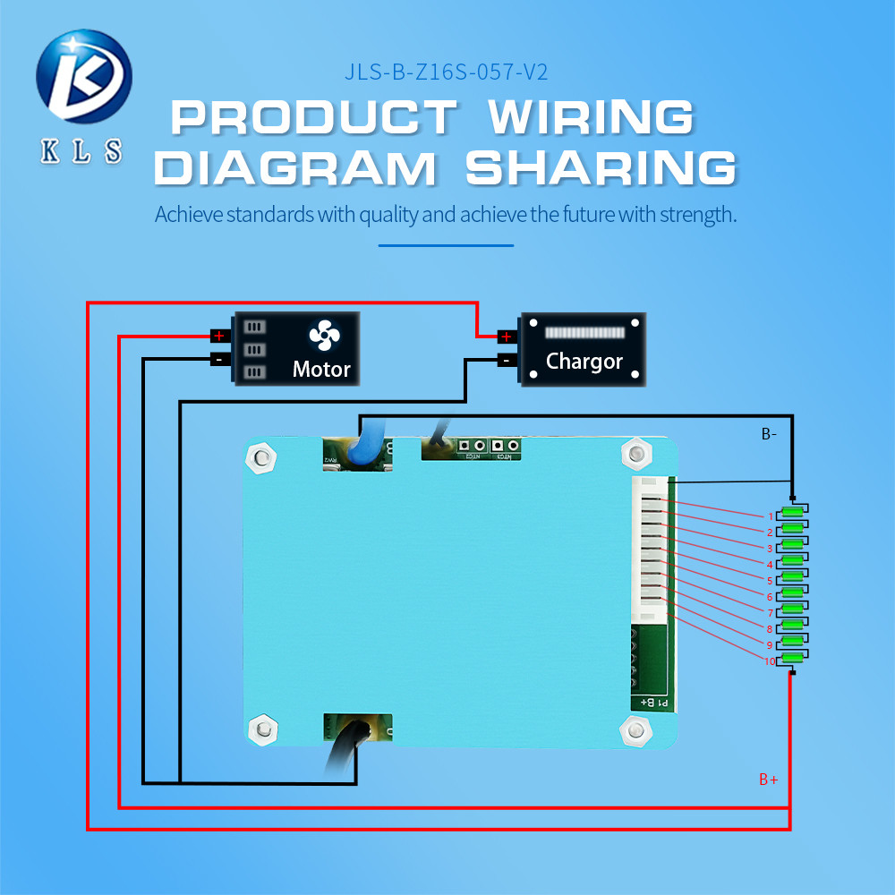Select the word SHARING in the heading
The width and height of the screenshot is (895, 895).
point(601,168)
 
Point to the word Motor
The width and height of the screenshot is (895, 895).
point(321,369)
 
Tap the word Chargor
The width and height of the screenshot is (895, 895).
point(584,362)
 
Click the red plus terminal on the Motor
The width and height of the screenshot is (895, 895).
point(218,336)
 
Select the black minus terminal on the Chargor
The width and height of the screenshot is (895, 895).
point(506,360)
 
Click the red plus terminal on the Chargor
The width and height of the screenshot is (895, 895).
point(506,337)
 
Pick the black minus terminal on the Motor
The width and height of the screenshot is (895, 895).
point(218,359)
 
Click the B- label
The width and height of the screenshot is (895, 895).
point(769,435)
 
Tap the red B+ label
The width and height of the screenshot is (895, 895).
point(768,780)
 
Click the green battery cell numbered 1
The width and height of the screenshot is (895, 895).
point(792,513)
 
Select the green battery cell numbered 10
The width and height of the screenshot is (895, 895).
point(792,659)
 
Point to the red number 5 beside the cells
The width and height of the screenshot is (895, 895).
point(769,581)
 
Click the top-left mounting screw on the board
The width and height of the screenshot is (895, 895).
point(260,459)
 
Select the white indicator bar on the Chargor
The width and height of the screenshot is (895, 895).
point(583,332)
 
